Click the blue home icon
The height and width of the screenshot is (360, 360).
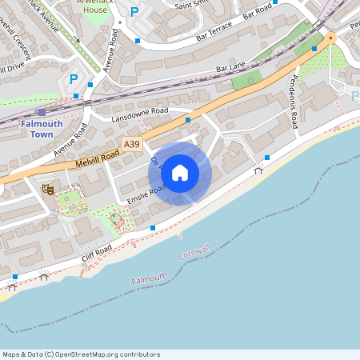(180, 173)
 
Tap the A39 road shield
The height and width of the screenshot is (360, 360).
(133, 144)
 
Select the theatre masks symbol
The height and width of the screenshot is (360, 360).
(48, 190)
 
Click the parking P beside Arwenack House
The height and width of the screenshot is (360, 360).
(134, 13)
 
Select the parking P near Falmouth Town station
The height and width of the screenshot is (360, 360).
(74, 79)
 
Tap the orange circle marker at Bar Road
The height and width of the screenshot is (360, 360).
(330, 38)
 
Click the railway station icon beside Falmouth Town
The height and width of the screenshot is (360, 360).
(42, 113)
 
